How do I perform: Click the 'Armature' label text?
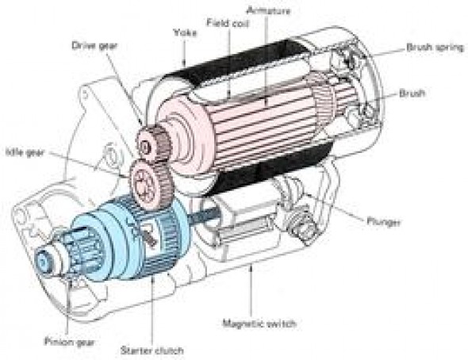268,11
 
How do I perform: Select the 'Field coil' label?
228,23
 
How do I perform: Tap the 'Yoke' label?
185,33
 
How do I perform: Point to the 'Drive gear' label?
94,46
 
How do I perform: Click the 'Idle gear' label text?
25,152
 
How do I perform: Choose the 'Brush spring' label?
435,48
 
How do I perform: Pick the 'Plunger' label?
383,222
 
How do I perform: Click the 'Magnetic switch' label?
259,324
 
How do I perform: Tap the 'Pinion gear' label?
69,342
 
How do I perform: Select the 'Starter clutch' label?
152,350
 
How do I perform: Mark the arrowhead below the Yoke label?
185,63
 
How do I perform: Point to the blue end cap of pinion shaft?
44,262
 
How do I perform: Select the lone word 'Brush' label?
412,94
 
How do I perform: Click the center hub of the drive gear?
145,146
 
